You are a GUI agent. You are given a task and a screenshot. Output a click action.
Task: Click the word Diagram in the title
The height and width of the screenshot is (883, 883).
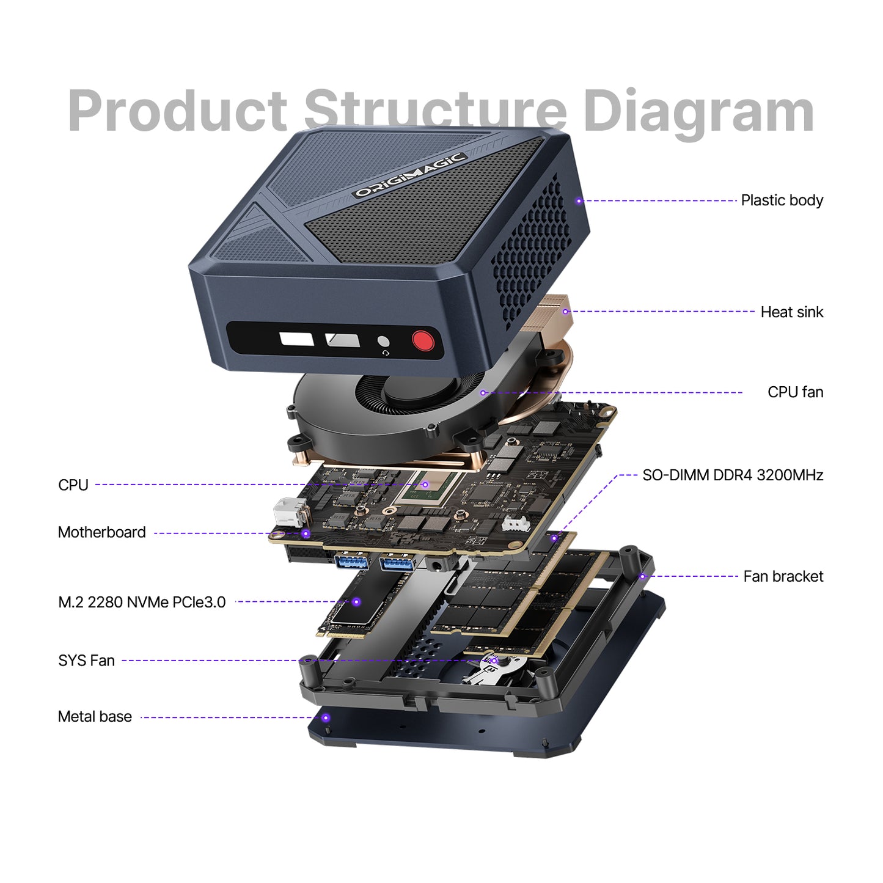click(698, 111)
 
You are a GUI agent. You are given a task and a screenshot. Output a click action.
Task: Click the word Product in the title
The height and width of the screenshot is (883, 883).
click(177, 111)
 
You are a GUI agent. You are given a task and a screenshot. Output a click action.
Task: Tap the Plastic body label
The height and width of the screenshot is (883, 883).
click(782, 200)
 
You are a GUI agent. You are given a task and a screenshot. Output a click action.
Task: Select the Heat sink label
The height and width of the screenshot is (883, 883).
click(791, 312)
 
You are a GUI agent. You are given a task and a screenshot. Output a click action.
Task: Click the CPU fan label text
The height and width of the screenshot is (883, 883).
click(795, 392)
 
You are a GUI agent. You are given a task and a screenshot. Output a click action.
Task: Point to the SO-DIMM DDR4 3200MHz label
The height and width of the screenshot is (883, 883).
click(732, 475)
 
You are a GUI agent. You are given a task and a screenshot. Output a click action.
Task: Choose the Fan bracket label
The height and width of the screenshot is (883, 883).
click(783, 576)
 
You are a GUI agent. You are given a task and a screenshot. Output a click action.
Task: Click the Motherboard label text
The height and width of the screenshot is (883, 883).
click(101, 532)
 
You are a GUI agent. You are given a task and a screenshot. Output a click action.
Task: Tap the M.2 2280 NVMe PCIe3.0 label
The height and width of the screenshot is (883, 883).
click(142, 603)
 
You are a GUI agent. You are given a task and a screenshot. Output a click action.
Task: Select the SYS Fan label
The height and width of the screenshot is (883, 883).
click(86, 661)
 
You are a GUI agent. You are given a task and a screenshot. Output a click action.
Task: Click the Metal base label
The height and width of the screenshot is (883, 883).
click(95, 717)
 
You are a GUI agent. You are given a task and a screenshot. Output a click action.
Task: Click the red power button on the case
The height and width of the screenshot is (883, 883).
click(423, 340)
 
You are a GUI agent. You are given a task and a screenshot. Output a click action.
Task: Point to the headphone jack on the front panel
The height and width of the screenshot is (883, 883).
click(383, 342)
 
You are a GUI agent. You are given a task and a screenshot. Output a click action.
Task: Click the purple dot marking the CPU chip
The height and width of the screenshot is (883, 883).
click(425, 485)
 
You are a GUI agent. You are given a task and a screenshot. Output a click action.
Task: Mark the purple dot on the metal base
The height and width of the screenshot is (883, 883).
click(326, 718)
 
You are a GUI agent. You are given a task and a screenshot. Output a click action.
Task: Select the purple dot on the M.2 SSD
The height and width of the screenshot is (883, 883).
click(356, 603)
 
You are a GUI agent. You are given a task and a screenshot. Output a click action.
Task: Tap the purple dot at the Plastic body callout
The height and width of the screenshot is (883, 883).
click(579, 201)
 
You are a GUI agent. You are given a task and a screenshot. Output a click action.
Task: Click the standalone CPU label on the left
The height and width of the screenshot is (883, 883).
click(73, 485)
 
